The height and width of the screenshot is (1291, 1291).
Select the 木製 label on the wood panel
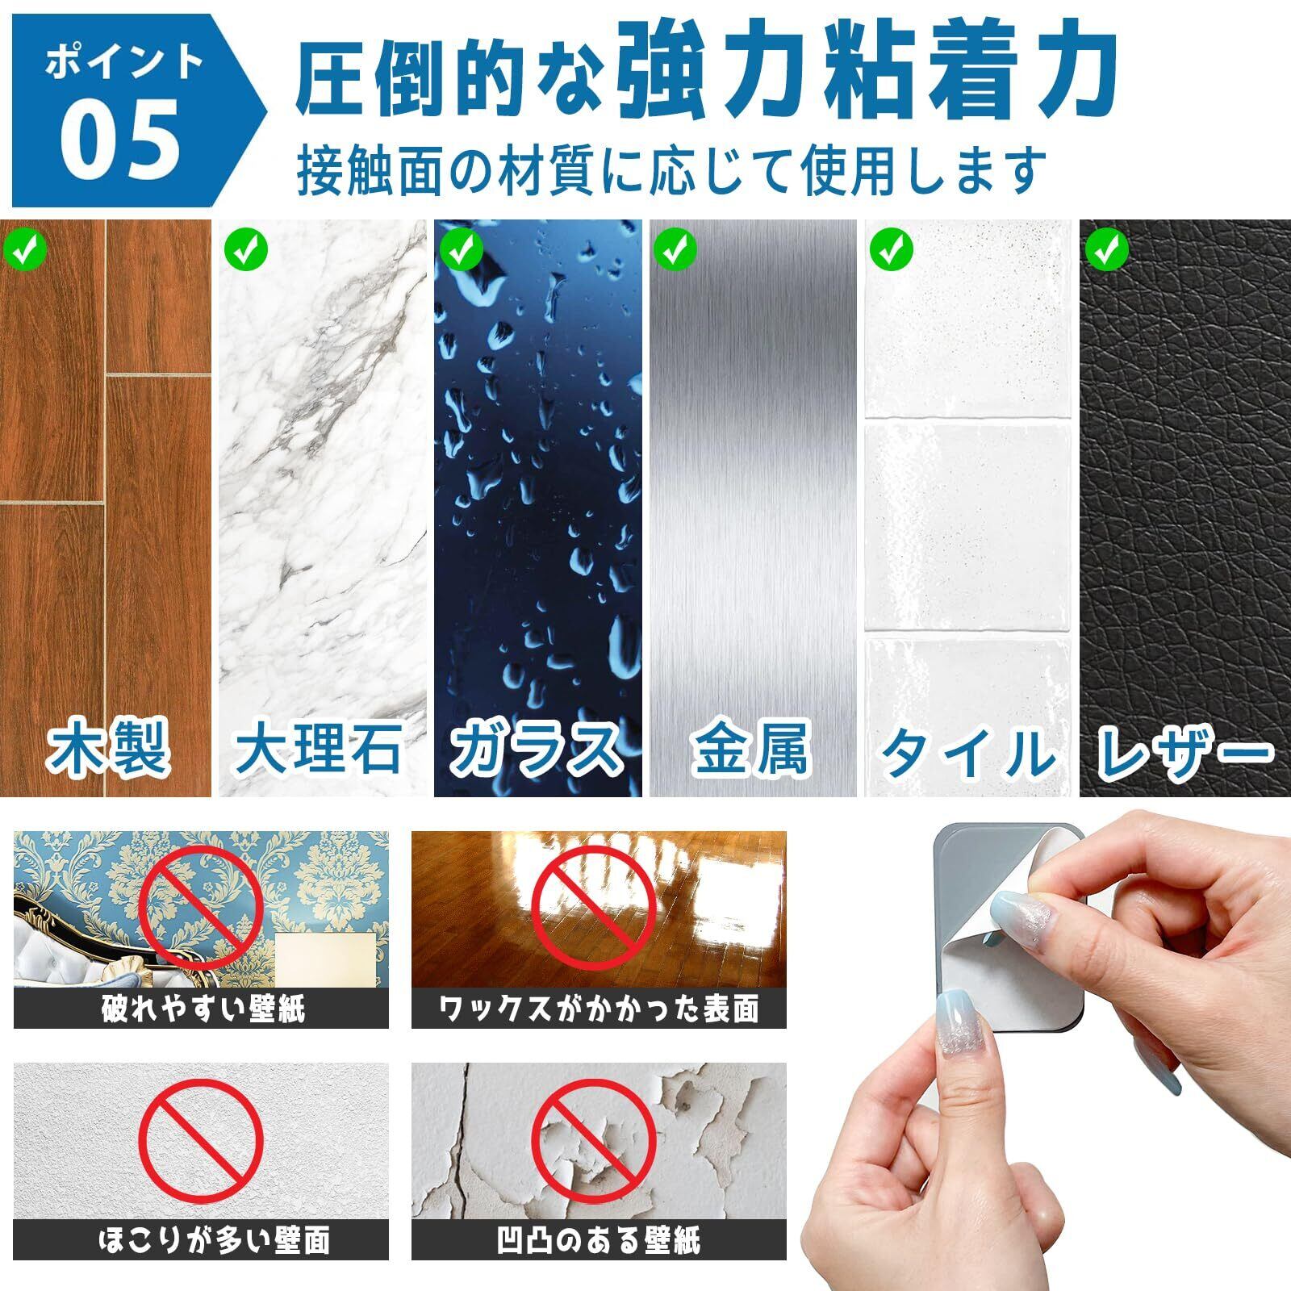108,750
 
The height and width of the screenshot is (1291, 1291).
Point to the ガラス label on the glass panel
536,750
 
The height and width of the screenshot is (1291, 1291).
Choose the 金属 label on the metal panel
752,750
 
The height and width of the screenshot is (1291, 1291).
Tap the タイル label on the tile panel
967,750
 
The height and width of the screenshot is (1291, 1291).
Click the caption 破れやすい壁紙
201,1009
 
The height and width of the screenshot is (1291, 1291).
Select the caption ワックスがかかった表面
599,1009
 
